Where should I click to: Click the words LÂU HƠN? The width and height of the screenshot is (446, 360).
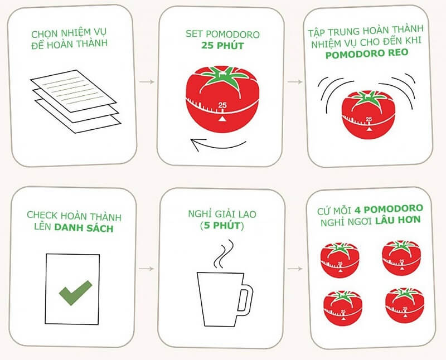click(399, 220)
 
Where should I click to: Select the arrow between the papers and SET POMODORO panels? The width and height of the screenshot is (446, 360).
click(147, 82)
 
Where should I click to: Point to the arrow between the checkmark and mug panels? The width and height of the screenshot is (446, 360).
click(147, 269)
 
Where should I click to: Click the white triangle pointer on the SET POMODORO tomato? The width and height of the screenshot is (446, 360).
click(222, 118)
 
